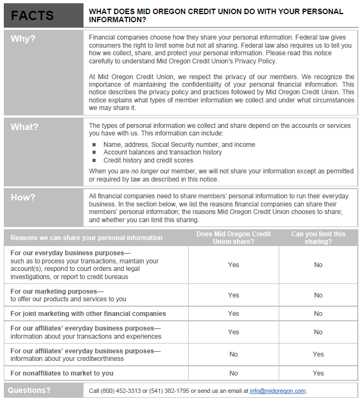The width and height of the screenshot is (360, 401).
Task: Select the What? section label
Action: [24, 127]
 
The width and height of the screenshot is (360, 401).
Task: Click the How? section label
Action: [22, 197]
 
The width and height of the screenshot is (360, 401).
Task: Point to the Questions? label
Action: [29, 390]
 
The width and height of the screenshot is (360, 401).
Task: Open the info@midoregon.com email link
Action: [278, 391]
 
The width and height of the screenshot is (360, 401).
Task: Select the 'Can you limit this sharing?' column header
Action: [318, 237]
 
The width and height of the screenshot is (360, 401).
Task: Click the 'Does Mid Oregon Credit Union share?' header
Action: [233, 237]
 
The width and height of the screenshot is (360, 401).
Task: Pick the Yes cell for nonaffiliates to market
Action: [318, 373]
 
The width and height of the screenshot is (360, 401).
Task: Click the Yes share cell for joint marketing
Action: [233, 314]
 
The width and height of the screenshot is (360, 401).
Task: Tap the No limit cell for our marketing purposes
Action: [318, 295]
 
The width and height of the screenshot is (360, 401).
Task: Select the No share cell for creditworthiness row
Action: [233, 354]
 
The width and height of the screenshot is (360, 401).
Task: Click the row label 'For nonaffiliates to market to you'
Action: [62, 373]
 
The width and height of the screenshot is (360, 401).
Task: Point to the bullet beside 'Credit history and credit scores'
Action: [94, 160]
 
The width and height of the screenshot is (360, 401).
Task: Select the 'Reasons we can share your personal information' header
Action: [86, 237]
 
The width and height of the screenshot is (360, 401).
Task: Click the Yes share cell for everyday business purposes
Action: [233, 265]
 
